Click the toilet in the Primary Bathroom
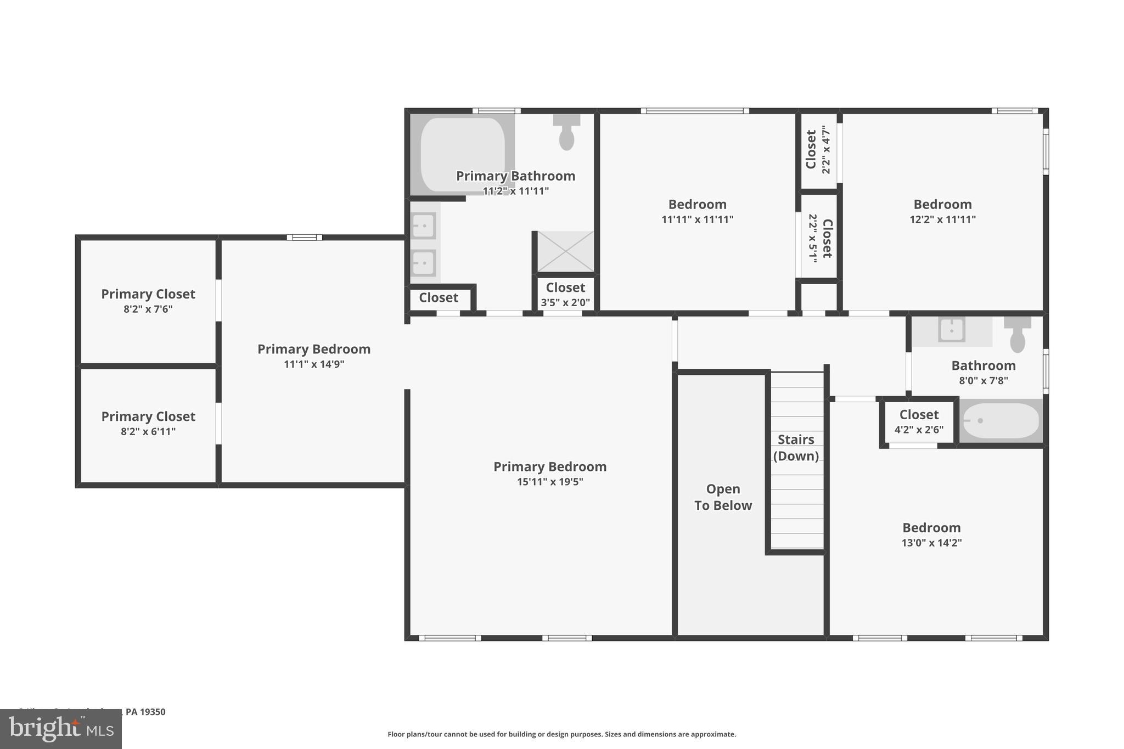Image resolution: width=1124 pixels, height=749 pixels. (x=566, y=133)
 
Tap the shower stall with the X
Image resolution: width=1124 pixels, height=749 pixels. (x=565, y=251)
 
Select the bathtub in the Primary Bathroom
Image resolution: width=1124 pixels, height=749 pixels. (x=462, y=154)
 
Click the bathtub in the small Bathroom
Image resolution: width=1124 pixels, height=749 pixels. (x=1001, y=421)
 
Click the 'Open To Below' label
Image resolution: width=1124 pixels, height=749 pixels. (x=723, y=497)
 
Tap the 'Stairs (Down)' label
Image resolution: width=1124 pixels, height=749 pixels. (x=796, y=448)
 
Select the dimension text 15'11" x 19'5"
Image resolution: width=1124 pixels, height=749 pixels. (x=550, y=482)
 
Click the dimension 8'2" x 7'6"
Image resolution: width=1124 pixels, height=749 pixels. (x=148, y=309)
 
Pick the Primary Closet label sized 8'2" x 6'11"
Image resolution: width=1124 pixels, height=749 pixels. (x=148, y=416)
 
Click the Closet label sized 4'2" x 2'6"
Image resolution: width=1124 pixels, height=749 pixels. (x=919, y=415)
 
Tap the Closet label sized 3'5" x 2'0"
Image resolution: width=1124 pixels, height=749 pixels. (x=565, y=288)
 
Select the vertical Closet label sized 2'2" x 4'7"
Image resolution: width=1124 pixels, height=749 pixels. (x=811, y=149)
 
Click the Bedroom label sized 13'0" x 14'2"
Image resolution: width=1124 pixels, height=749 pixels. (x=931, y=528)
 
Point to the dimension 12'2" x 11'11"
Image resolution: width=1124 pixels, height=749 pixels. (x=942, y=219)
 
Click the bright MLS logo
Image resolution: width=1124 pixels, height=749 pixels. (x=61, y=729)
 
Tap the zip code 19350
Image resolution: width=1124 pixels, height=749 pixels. (x=153, y=712)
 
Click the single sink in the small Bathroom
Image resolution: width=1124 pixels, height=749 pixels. (x=952, y=330)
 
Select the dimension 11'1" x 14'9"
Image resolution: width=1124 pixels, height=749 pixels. (x=314, y=364)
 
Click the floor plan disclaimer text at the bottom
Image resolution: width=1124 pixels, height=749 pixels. (x=561, y=734)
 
